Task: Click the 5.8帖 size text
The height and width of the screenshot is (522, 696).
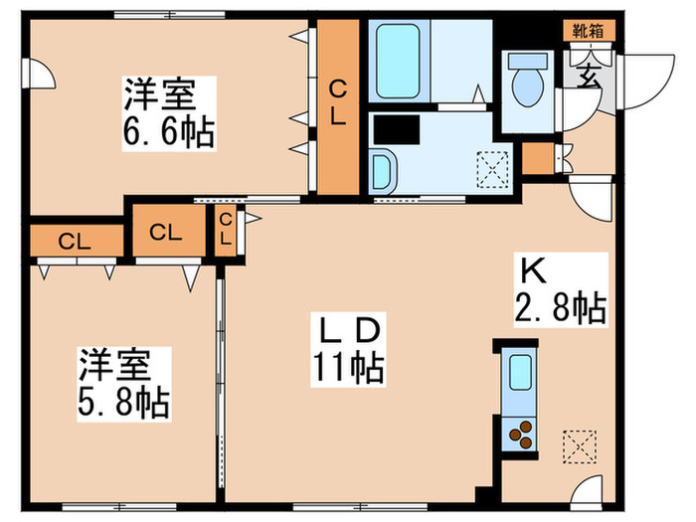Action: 124,403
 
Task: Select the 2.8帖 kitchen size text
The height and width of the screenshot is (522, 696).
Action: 560,309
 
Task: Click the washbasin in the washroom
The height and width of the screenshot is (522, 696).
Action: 383,172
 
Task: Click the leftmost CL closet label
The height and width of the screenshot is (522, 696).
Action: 69,240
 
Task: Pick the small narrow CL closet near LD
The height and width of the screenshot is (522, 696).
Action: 226,231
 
